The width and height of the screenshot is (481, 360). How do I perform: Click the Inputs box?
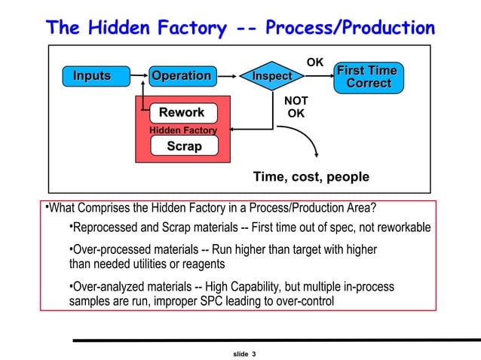coord(92,76)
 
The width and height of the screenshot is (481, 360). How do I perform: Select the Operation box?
coord(182,76)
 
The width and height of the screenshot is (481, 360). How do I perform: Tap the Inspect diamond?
coord(271,76)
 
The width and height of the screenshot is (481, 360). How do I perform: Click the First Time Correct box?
coord(367,76)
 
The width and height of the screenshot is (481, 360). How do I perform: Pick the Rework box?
coord(182,112)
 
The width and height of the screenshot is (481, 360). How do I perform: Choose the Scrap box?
coord(184,146)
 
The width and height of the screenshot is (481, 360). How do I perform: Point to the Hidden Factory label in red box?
coord(183,130)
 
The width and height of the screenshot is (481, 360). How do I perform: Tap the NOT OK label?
coord(296,107)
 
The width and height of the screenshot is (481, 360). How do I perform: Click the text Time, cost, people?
coord(311,177)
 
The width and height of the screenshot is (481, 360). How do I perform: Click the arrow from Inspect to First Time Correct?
coord(319,76)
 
